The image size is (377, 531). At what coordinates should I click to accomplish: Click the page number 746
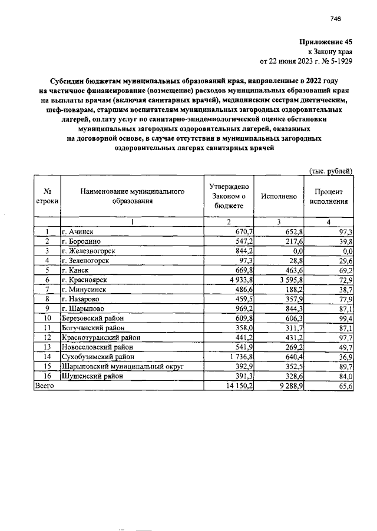[x=336, y=19]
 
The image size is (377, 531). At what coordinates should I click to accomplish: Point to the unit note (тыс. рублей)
[x=331, y=171]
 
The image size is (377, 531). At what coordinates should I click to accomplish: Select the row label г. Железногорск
[x=88, y=251]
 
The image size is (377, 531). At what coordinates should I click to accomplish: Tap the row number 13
[x=47, y=347]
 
